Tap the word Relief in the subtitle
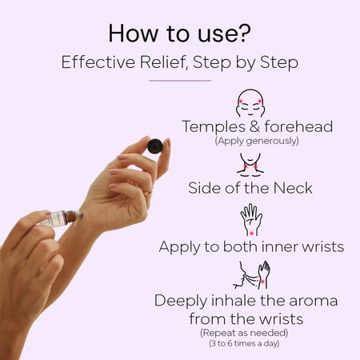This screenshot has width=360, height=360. coord(162,62)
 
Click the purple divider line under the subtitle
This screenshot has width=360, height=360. coord(180,81)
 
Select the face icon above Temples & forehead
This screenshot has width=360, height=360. coord(250,103)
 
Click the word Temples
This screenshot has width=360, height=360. coord(214,126)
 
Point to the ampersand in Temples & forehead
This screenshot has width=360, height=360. coord(255,126)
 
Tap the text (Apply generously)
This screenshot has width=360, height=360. coord(257,141)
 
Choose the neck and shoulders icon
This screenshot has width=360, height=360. coord(250,165)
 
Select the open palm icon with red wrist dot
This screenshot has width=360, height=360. coord(251,220)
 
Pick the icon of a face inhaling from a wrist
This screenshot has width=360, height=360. coord(251,275)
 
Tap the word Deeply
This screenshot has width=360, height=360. coord(181,302)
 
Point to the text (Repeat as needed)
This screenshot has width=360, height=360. coord(244,333)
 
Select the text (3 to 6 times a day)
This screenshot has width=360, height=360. coord(244,343)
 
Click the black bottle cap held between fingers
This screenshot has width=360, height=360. coord(155,146)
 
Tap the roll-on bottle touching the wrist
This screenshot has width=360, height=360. coord(60,218)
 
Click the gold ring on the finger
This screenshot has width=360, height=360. coord(148,192)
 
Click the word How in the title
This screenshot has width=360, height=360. coord(133,34)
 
